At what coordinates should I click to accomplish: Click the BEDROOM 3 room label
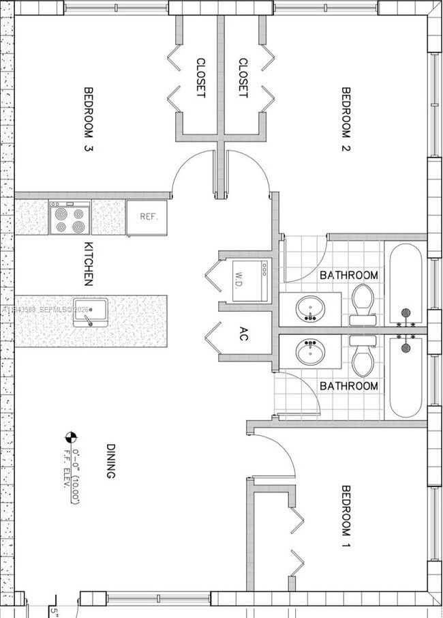click(x=87, y=119)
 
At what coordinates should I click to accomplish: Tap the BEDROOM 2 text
click(x=345, y=119)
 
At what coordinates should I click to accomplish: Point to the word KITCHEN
click(x=88, y=263)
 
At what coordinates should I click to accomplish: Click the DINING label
click(x=110, y=461)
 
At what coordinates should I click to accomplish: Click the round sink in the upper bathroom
click(x=309, y=308)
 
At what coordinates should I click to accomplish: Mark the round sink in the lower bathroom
click(x=309, y=353)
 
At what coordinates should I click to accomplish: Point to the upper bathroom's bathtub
click(x=406, y=283)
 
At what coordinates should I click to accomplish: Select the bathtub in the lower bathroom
click(x=406, y=379)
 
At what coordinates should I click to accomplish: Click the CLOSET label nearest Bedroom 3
click(x=200, y=77)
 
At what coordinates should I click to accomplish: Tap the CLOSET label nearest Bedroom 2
click(x=242, y=77)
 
